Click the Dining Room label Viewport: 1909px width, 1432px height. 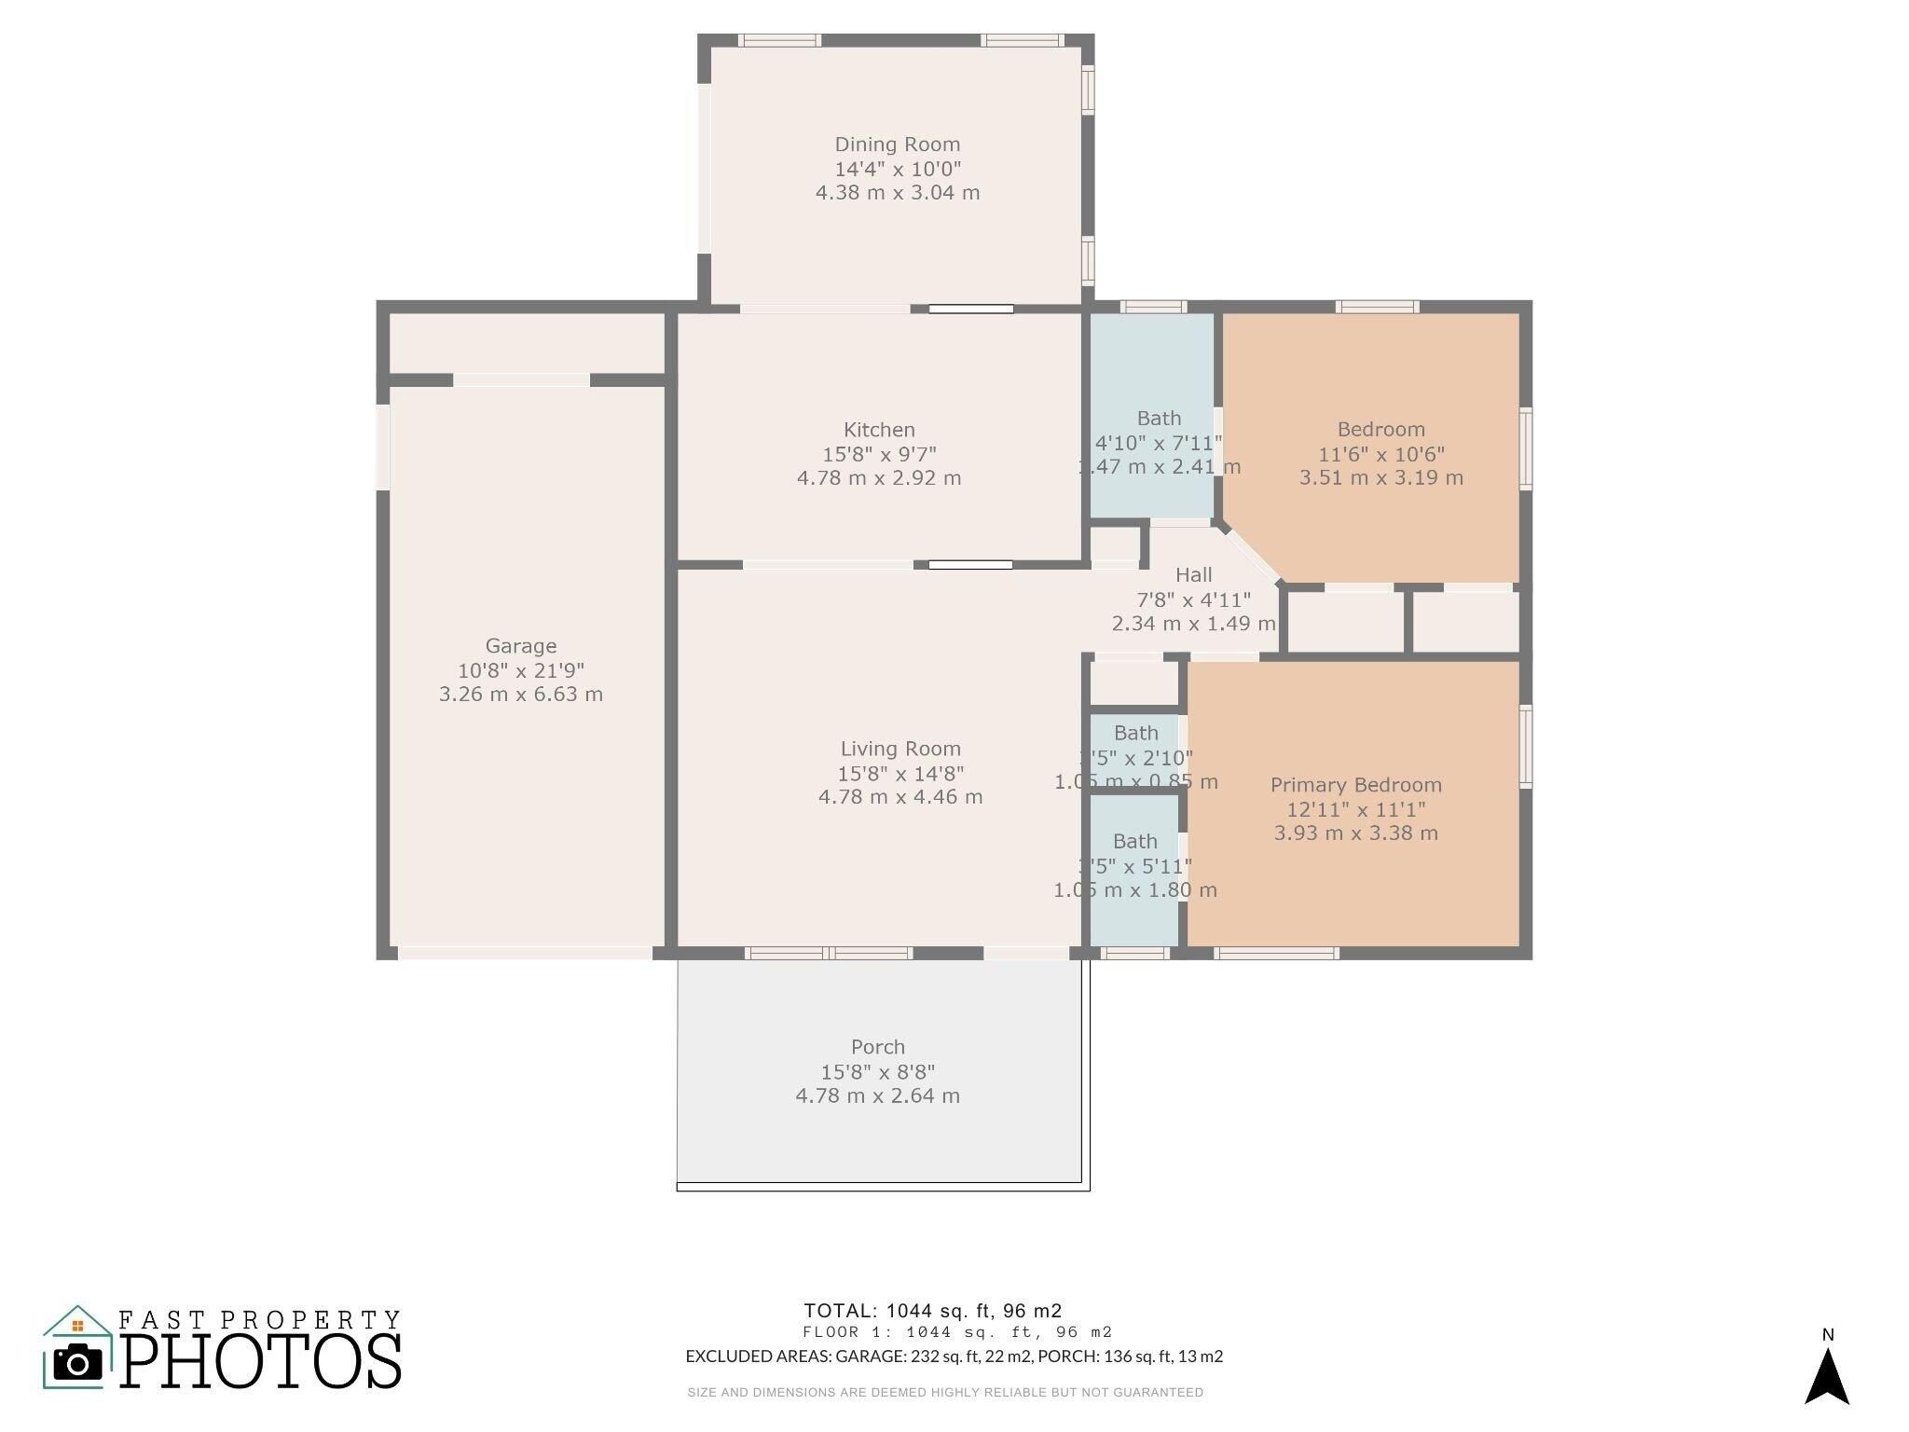(897, 145)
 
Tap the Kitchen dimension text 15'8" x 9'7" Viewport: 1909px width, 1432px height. (879, 454)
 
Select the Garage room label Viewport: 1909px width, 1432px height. (520, 646)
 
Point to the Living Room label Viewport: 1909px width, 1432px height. (900, 749)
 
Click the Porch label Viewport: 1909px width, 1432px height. (877, 1047)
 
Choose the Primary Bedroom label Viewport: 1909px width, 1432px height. (1355, 785)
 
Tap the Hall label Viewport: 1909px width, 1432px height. (1193, 575)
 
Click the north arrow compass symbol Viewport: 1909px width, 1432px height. (1826, 1375)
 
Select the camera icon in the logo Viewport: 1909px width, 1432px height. (77, 1363)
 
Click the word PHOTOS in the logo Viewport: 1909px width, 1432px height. (261, 1360)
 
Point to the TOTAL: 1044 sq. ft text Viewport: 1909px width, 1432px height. (932, 1311)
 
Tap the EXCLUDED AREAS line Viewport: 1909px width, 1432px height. (954, 1356)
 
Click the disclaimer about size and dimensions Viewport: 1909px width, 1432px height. (944, 1393)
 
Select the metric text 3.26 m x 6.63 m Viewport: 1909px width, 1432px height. (520, 695)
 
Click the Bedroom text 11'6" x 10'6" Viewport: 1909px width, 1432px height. (1380, 454)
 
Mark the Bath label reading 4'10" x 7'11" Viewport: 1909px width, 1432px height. (1158, 443)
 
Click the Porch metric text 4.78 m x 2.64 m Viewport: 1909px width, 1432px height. (877, 1096)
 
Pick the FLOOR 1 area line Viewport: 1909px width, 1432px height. (956, 1333)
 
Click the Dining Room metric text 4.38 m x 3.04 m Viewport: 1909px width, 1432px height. (897, 193)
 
